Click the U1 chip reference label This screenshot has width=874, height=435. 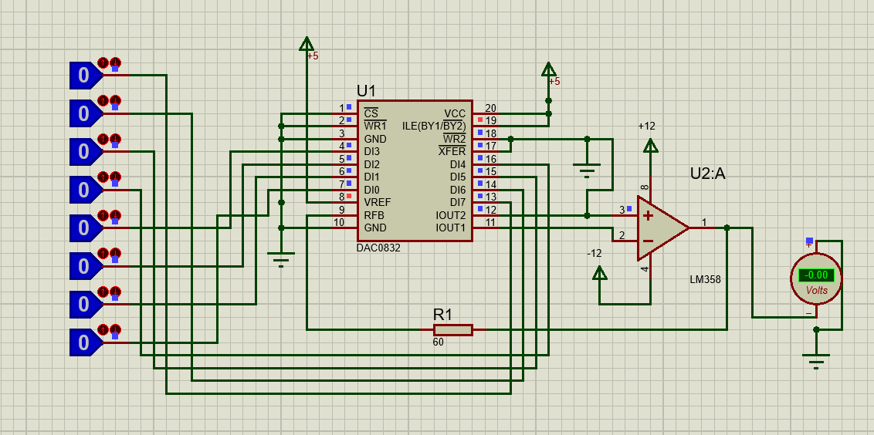coord(366,90)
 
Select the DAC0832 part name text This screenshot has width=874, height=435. coord(378,248)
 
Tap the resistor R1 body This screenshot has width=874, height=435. coord(453,330)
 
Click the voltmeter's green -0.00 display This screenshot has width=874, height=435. coord(817,275)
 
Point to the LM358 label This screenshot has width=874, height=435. coord(705,280)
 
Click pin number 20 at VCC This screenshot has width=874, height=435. coord(490,108)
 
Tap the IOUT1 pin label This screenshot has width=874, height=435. coord(450,228)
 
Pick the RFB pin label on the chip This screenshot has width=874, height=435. coord(374,215)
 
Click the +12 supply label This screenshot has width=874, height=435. coord(647,126)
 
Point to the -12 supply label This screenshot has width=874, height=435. coord(595,254)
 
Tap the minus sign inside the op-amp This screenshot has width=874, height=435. coord(648,241)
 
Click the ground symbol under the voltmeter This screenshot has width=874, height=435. coord(817,360)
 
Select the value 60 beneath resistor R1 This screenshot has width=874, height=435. coord(438,342)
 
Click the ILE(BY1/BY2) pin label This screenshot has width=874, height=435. coord(434,126)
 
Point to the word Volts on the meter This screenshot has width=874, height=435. coord(817,291)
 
